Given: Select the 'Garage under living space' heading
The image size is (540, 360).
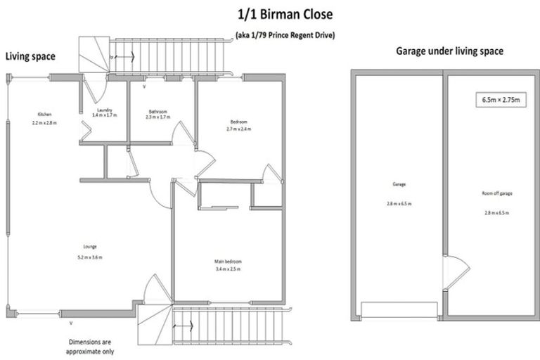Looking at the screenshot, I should point(449,51).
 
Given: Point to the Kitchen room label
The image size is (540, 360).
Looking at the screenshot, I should point(44,118).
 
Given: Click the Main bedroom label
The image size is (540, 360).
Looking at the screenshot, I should point(228,264).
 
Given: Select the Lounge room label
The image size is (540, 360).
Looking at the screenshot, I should point(88,251).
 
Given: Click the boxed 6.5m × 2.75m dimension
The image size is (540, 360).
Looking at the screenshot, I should point(500,101).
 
